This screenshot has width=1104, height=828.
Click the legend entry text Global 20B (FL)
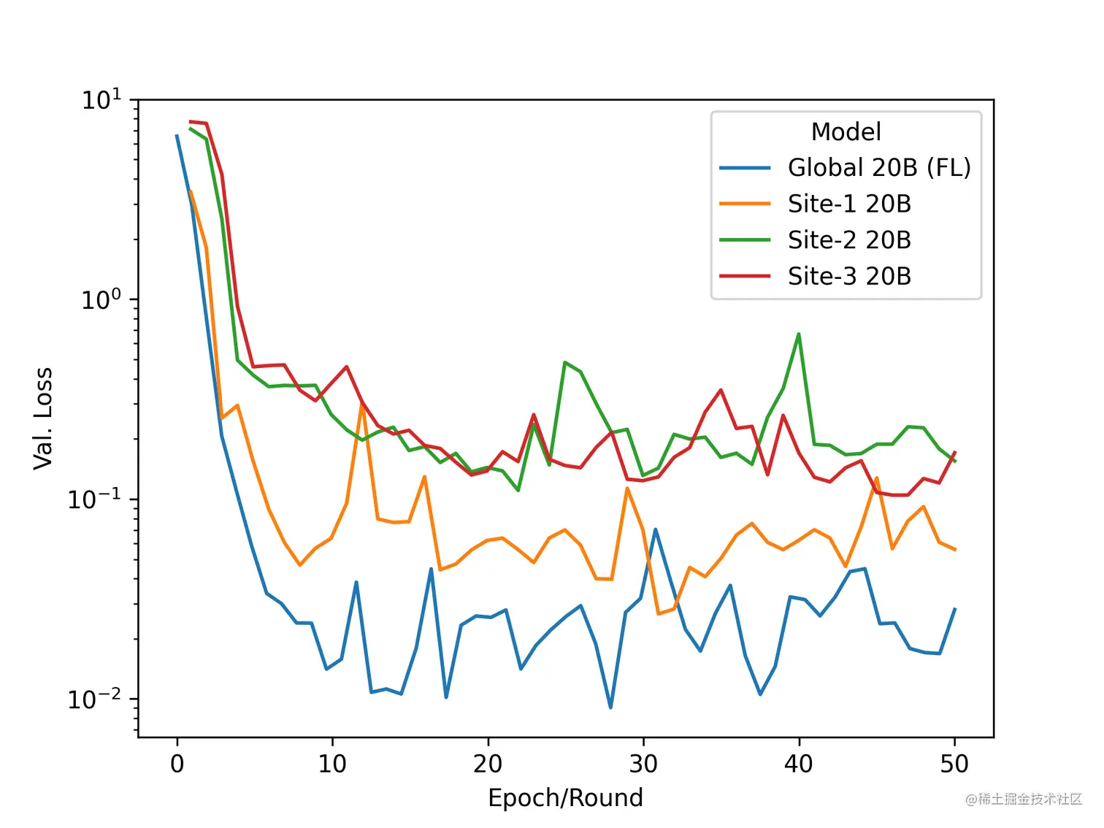879,168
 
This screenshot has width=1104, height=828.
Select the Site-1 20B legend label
849,204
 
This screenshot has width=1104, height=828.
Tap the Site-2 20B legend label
849,240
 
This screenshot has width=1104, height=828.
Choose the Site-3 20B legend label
849,276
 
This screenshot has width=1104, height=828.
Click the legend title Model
846,132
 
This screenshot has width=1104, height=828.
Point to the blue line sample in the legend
745,168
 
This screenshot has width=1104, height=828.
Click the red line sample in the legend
745,276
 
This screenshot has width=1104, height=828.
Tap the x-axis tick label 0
177,764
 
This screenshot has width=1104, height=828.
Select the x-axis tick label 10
332,764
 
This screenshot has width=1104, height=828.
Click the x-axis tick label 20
488,764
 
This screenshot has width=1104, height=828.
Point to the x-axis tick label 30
643,764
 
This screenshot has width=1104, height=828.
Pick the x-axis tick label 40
799,764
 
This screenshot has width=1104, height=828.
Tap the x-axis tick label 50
954,764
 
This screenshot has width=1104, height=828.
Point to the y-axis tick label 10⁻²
95,699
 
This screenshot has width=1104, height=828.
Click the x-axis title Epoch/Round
566,798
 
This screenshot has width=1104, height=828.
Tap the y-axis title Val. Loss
43,418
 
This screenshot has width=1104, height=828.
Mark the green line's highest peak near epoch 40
799,334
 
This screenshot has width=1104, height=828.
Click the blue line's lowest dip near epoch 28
610,708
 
